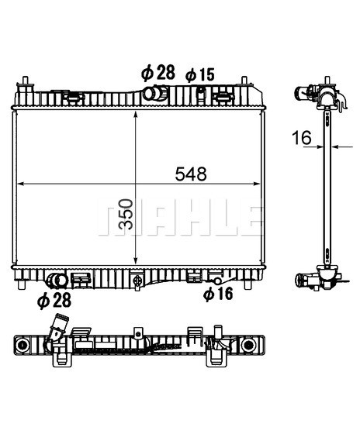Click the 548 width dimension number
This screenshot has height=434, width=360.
click(191, 174)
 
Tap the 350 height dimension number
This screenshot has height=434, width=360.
click(126, 214)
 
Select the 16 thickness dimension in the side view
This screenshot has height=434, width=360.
click(302, 138)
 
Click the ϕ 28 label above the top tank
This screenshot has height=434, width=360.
click(158, 73)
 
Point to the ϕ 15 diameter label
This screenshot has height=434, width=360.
click(200, 74)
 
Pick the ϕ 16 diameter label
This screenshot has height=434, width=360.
click(218, 294)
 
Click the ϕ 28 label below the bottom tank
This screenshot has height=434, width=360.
click(54, 301)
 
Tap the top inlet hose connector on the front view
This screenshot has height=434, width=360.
click(155, 93)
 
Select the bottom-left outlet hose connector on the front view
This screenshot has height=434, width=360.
click(57, 281)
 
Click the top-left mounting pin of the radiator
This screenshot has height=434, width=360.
click(26, 82)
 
